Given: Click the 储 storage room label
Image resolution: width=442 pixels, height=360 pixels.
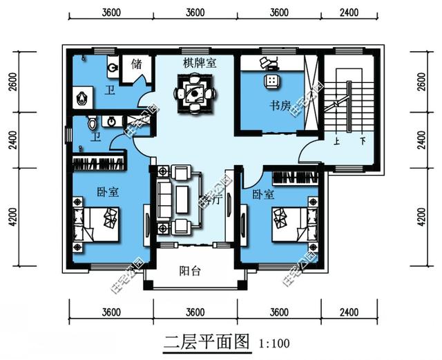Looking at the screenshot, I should point(136,64).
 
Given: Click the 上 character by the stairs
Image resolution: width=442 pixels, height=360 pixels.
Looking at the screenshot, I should point(336,139).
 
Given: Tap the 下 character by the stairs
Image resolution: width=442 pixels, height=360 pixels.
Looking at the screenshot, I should point(363,139).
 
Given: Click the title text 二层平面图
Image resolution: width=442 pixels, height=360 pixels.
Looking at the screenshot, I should point(205,340).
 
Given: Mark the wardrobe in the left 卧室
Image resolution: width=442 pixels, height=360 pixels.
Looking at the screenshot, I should point(100,164).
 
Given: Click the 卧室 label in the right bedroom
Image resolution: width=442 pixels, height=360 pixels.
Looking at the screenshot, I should point(263,195).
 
